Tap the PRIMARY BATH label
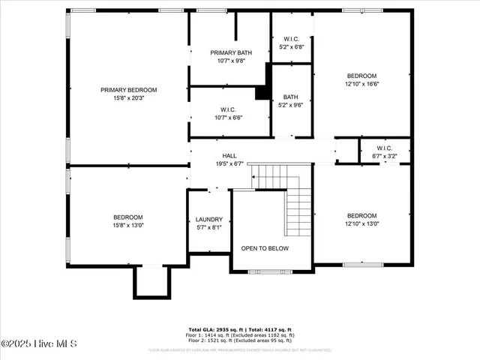tap(230, 52)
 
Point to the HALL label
tap(229, 156)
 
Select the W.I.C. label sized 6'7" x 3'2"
tap(385, 148)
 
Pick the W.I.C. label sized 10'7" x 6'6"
tap(229, 109)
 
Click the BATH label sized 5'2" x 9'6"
tap(291, 97)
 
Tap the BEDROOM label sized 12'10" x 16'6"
tap(361, 76)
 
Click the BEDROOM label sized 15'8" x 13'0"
tap(128, 217)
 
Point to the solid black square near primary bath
tap(262, 93)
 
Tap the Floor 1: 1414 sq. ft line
tap(240, 334)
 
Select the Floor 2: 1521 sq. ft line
tap(240, 340)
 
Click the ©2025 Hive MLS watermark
tap(34, 344)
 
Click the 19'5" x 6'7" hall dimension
tap(229, 163)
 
